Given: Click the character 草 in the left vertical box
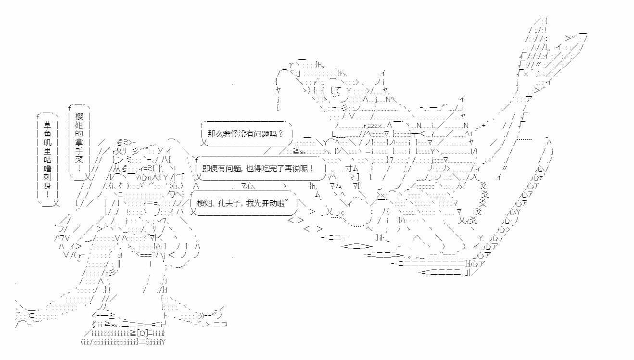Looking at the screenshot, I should [x=48, y=124].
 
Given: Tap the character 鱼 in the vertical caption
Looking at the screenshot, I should [x=48, y=134].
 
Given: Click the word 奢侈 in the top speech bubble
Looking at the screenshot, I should [x=232, y=133].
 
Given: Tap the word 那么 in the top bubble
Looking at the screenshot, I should [x=215, y=133].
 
